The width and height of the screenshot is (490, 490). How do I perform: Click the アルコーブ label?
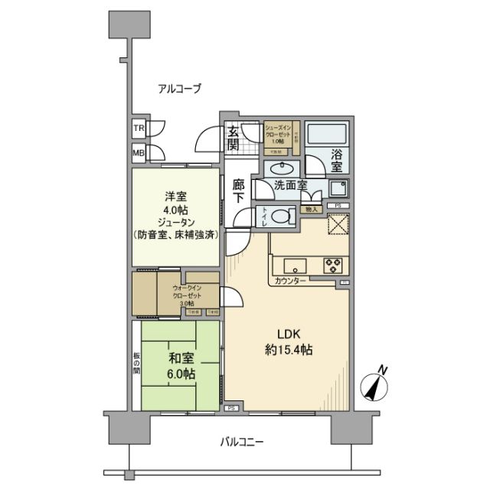pos(179,89)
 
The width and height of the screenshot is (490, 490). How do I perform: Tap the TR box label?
pos(139,128)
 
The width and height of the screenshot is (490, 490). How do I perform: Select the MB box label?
pos(139,152)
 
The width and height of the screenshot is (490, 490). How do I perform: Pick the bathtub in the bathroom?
pos(328,135)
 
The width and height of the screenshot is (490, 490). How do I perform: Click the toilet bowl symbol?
pos(283,216)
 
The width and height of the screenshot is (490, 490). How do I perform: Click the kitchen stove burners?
pos(333,266)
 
